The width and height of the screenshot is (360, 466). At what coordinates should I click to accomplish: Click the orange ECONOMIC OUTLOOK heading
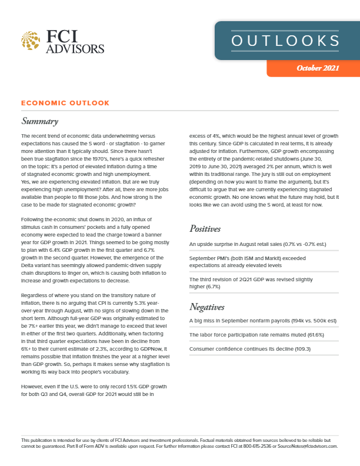pos(65,103)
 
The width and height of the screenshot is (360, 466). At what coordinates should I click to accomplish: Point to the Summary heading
pos(39,122)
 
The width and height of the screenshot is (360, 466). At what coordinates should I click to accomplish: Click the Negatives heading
pos(210,307)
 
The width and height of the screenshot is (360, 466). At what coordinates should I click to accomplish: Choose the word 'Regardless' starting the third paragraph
pos(36,294)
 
